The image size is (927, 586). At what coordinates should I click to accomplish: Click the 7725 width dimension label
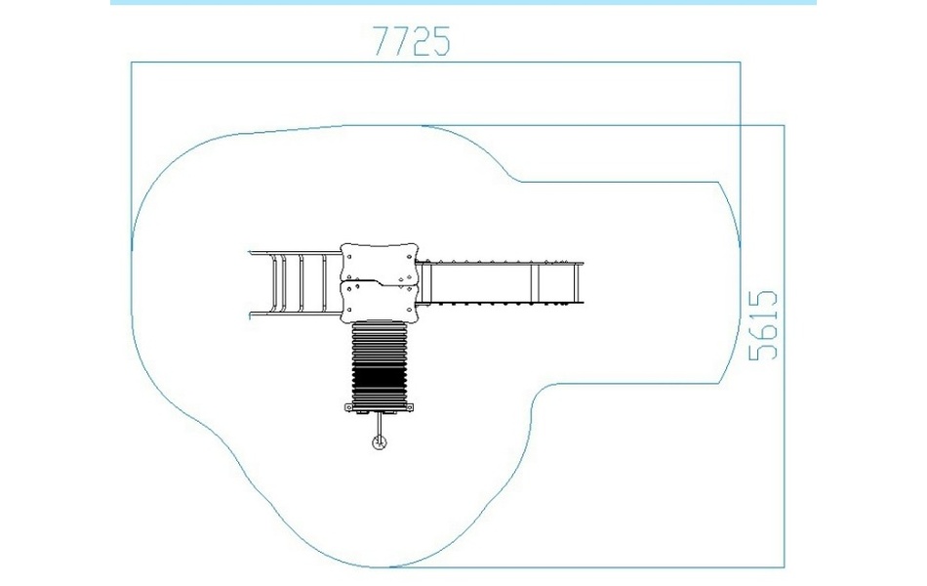(412, 41)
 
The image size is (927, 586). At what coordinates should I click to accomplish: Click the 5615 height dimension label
(763, 325)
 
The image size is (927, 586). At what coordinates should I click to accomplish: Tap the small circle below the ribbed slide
(380, 442)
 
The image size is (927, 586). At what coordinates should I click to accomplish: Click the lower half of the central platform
(380, 301)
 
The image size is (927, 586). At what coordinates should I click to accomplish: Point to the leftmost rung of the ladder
(274, 283)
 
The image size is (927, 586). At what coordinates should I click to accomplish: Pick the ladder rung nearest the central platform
(324, 283)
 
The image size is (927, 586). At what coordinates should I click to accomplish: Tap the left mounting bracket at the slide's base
(348, 407)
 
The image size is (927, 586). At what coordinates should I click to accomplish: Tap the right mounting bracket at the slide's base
(409, 407)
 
